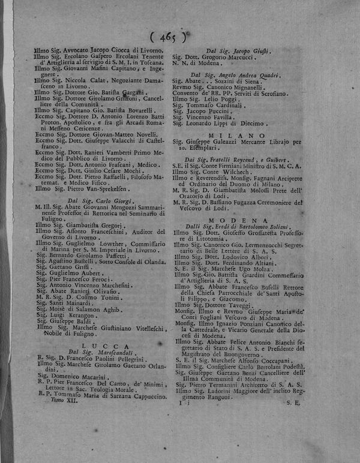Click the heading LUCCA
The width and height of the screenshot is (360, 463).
[x=93, y=346]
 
